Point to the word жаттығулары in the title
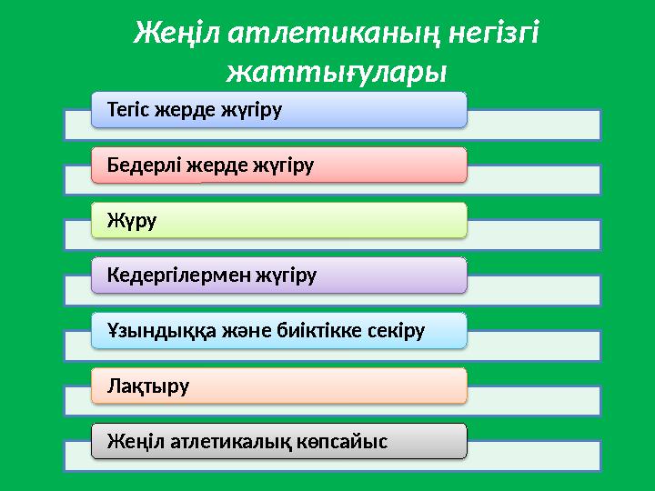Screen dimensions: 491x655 pyautogui.click(x=337, y=70)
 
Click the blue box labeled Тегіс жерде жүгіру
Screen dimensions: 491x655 pyautogui.click(x=278, y=110)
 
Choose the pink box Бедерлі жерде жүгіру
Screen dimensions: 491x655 pyautogui.click(x=278, y=165)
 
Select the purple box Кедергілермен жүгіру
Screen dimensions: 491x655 pyautogui.click(x=278, y=276)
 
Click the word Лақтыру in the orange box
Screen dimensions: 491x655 pyautogui.click(x=148, y=386)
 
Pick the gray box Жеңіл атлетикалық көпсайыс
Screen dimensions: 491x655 pyautogui.click(x=278, y=441)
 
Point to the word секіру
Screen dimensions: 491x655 pyautogui.click(x=393, y=331)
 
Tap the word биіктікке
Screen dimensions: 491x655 pyautogui.click(x=313, y=331)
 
